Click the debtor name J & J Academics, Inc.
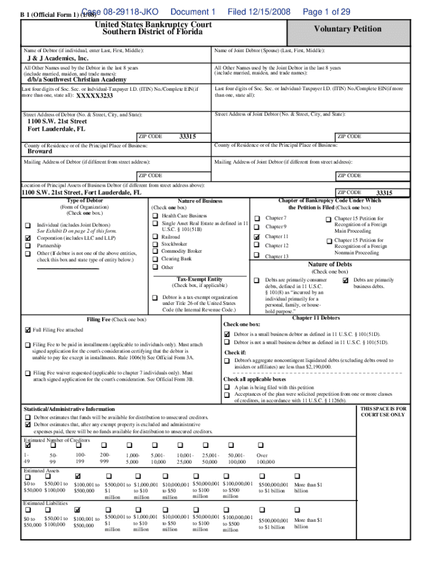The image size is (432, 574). (x=58, y=59)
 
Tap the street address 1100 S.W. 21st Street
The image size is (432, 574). (x=57, y=121)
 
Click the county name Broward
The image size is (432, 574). (x=40, y=151)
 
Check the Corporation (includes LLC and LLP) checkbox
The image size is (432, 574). (x=27, y=238)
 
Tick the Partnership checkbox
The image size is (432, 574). (x=27, y=246)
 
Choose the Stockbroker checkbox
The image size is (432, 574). (x=154, y=244)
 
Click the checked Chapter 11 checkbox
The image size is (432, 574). (x=257, y=237)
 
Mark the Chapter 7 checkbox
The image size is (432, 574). (x=257, y=218)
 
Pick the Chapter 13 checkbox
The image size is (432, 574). (x=257, y=256)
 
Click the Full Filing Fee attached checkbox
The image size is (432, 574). (x=27, y=330)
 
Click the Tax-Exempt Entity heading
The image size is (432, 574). (x=200, y=279)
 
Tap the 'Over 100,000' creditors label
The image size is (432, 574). (x=265, y=459)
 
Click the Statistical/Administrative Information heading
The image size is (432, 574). (x=69, y=409)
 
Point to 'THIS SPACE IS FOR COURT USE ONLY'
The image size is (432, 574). (x=383, y=412)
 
